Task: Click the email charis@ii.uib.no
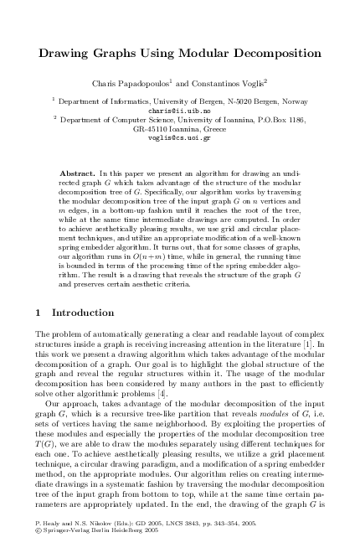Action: click(x=180, y=110)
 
